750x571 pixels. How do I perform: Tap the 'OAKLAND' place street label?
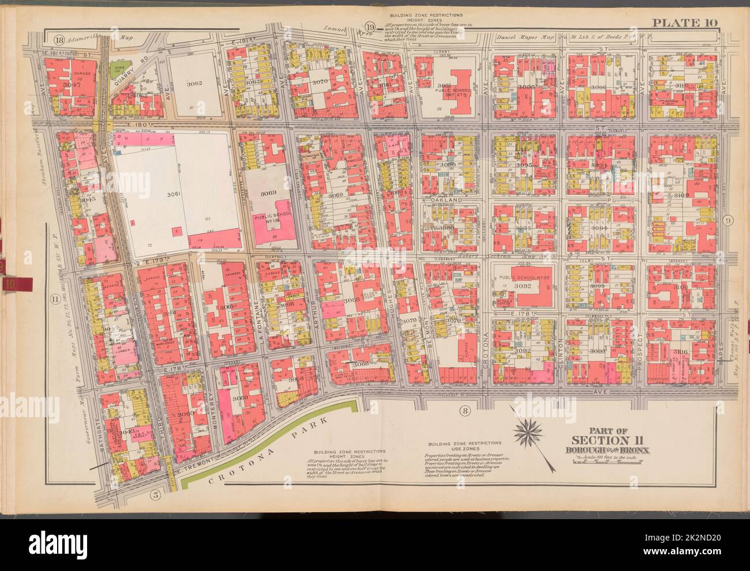pyautogui.click(x=450, y=199)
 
